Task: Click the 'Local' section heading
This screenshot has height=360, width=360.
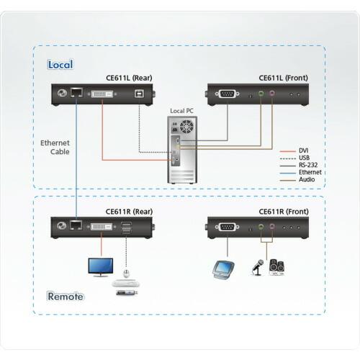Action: (x=60, y=65)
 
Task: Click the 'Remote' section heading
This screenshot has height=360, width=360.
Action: (x=65, y=296)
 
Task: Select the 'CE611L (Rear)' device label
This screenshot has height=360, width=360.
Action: (x=127, y=78)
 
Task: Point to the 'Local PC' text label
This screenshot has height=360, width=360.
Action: (x=182, y=111)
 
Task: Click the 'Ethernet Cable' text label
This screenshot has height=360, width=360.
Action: (x=55, y=148)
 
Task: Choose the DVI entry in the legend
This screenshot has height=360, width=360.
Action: (x=303, y=150)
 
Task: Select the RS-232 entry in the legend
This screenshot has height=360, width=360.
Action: (x=307, y=165)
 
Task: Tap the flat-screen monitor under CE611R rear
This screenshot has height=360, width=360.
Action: (x=100, y=266)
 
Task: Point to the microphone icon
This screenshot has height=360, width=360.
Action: (x=257, y=267)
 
